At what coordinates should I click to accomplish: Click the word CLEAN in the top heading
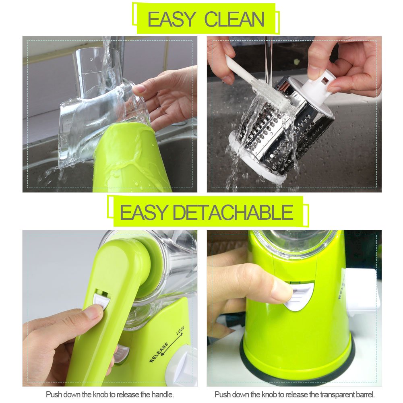pos(234,19)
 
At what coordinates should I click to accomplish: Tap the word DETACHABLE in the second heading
pos(233,212)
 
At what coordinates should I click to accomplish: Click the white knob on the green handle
pos(101,300)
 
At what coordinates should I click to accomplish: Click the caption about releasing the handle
pos(110,394)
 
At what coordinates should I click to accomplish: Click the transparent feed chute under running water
pos(97,64)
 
